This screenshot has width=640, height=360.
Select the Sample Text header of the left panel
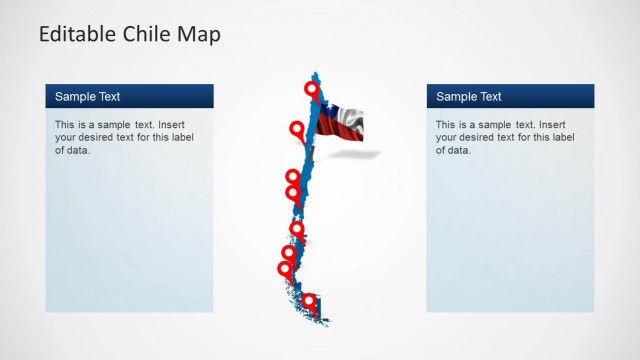[87, 97]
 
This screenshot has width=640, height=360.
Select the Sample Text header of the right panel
[469, 97]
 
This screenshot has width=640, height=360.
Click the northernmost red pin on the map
[312, 90]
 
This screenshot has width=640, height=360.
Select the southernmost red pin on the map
[309, 300]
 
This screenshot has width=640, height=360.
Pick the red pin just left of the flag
[296, 128]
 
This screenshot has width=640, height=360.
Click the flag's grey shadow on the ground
[364, 153]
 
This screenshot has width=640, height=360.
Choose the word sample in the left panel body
[120, 125]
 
